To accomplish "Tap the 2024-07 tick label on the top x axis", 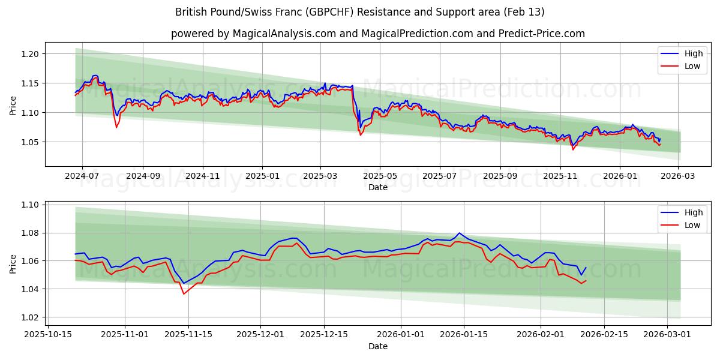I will pos(82,176).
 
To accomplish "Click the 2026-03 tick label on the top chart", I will pos(678,176).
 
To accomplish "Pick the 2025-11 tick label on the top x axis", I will pos(560,176).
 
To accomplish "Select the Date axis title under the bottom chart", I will pos(378,346).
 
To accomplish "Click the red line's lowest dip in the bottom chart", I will pos(184,293).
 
